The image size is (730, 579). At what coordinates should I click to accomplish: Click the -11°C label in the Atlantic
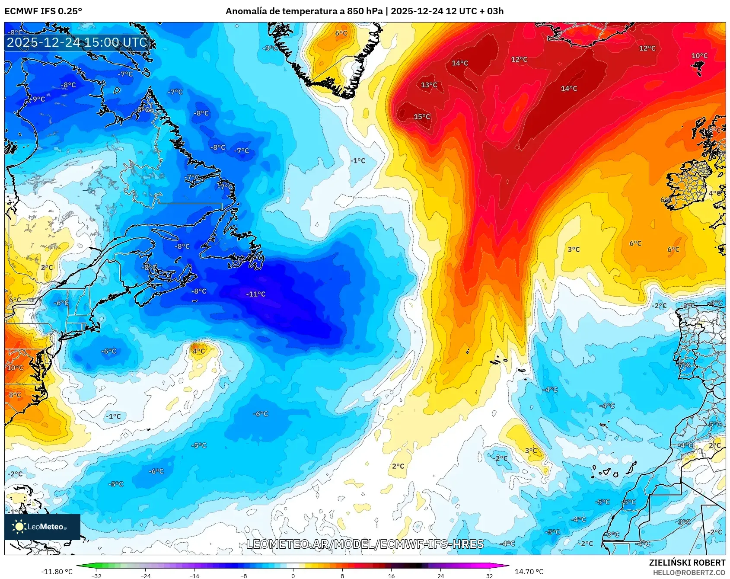pos(256,294)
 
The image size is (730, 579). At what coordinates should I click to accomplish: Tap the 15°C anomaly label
pos(422,117)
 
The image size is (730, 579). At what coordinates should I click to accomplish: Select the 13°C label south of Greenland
pos(429,85)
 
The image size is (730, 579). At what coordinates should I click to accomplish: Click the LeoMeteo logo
pos(42,527)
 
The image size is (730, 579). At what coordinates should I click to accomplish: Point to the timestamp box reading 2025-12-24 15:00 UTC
pos(77,42)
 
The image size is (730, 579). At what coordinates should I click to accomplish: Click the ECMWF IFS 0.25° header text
pos(43,11)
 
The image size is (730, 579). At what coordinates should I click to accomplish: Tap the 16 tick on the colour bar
pos(391,576)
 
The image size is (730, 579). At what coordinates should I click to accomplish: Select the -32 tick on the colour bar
pos(96,576)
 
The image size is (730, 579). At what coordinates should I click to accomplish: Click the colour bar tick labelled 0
pos(293,576)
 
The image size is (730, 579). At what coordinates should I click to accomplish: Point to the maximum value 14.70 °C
pos(529,572)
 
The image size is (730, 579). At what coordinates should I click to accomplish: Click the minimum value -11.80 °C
pos(57,572)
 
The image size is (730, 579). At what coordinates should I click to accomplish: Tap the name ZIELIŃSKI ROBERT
pos(687,563)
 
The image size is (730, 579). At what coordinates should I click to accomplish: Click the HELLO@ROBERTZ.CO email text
pos(689,573)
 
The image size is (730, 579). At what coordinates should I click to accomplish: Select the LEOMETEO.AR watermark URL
pos(365,544)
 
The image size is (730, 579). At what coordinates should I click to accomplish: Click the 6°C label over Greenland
pos(341,33)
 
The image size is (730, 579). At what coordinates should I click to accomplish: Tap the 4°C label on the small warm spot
pos(198,351)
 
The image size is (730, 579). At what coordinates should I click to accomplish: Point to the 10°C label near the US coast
pos(15,368)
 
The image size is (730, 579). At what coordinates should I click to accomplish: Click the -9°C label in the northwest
pos(38,99)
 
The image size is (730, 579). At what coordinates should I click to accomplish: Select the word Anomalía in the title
pos(245,11)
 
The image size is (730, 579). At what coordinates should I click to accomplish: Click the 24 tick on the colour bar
pos(440,576)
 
